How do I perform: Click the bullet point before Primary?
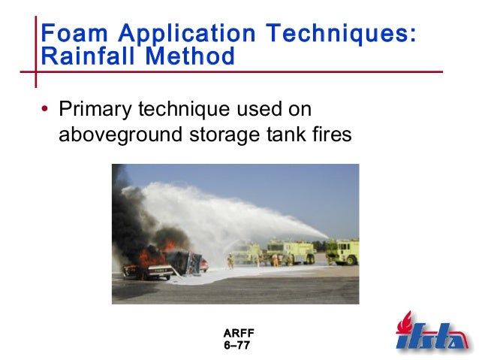pyautogui.click(x=46, y=110)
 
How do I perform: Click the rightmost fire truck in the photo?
pyautogui.click(x=342, y=252)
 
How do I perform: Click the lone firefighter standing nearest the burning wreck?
pyautogui.click(x=230, y=261)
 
